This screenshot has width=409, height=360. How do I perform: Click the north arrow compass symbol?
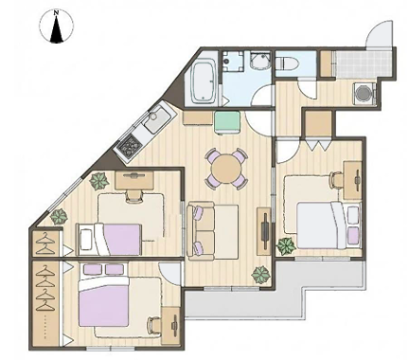(56, 27)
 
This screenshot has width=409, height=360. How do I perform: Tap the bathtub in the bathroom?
(204, 81)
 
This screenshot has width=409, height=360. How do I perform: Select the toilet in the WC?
(285, 62)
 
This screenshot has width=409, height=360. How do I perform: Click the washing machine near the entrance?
(365, 93)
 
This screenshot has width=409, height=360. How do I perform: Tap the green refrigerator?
(226, 122)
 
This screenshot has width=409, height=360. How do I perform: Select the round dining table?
(225, 170)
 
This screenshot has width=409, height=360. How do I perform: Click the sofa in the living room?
(201, 231)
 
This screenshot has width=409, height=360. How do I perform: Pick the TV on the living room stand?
(265, 227)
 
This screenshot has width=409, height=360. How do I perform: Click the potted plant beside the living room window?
(261, 275)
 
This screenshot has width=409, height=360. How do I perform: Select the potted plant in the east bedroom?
(286, 246)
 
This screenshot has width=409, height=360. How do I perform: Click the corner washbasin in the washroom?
(260, 61)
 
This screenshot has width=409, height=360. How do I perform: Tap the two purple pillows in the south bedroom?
(103, 269)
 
